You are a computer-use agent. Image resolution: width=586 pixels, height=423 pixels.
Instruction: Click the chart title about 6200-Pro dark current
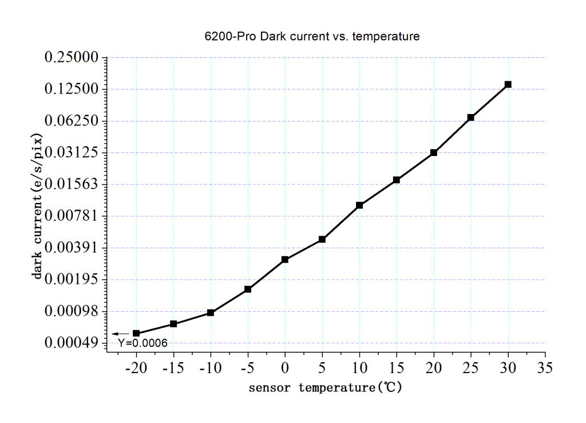tap(312, 37)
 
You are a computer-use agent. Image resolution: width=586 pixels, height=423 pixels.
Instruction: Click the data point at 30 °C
tap(508, 84)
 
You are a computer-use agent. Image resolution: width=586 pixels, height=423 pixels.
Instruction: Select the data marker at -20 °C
tap(136, 333)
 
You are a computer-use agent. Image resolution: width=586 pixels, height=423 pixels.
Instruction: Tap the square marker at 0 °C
tap(285, 260)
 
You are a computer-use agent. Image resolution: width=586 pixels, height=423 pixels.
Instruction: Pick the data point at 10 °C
tap(359, 205)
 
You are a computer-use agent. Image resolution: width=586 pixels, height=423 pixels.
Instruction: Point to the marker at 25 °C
tap(470, 117)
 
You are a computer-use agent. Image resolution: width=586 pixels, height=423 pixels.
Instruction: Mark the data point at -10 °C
tap(211, 312)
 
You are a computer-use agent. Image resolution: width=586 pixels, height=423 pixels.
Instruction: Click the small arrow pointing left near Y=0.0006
tap(120, 334)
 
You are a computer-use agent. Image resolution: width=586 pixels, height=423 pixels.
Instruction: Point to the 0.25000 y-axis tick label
tap(72, 58)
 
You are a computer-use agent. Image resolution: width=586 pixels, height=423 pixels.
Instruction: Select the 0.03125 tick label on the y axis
tap(72, 152)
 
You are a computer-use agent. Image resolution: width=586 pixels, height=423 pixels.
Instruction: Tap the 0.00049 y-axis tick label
tap(72, 343)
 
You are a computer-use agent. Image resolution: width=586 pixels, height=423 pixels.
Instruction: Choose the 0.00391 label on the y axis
tap(72, 248)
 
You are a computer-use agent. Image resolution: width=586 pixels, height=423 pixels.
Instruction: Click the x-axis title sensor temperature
tap(325, 388)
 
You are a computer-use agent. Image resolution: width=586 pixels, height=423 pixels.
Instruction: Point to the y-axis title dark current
tap(38, 206)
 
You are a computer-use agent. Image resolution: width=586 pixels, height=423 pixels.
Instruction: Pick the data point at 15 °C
tap(396, 180)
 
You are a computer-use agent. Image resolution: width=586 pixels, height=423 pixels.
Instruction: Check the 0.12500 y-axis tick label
tap(72, 89)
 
